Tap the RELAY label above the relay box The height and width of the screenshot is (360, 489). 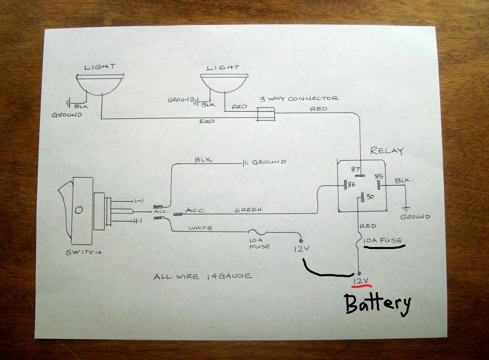coord(387,151)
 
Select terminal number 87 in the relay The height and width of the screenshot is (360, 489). coord(355,169)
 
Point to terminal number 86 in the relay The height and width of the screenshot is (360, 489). coord(351,185)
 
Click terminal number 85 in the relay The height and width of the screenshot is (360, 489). coord(379,176)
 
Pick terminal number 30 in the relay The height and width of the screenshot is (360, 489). coord(370,197)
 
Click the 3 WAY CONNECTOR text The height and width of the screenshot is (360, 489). coord(299,99)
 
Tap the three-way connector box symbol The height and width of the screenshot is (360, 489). coord(266,114)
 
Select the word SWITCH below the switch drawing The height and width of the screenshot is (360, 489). coord(84,252)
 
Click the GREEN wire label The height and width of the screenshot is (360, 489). coord(248,210)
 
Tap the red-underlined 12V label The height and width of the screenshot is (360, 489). coord(361,281)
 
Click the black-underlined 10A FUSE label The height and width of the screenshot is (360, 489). coord(383,241)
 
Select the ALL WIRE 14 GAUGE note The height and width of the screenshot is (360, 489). coord(203,276)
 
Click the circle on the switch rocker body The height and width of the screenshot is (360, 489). coord(79,210)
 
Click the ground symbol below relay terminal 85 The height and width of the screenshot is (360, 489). coord(406,210)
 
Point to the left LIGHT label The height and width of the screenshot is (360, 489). coord(99,67)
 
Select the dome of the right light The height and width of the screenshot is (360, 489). coord(225,84)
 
